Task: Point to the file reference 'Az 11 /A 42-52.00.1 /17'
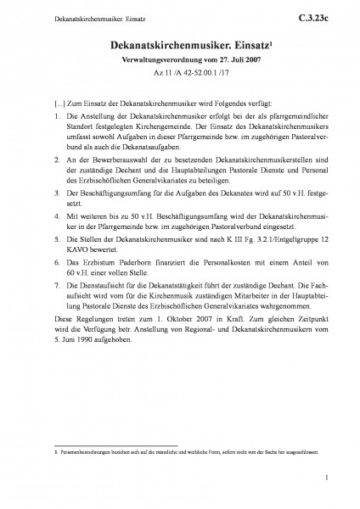pos(180,83)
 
